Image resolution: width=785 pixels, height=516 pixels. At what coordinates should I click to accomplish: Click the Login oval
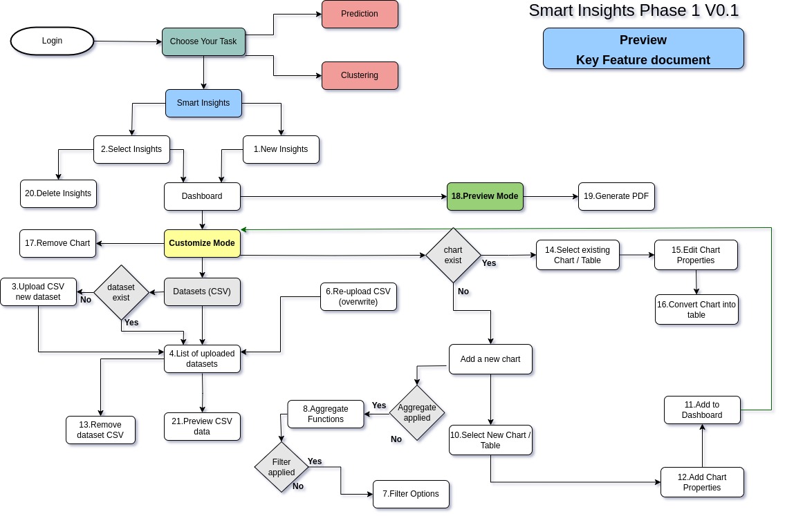pyautogui.click(x=52, y=41)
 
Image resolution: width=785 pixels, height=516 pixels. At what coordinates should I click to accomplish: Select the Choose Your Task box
pyautogui.click(x=203, y=41)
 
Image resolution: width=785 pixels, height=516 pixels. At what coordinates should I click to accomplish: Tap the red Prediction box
pyautogui.click(x=360, y=14)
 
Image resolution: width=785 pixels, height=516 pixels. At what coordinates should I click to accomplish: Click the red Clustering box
pyautogui.click(x=360, y=75)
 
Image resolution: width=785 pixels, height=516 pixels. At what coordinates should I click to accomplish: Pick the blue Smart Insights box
pyautogui.click(x=203, y=103)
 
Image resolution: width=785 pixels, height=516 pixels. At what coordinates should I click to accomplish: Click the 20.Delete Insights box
pyautogui.click(x=58, y=193)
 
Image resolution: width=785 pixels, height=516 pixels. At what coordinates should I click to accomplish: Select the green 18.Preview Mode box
pyautogui.click(x=485, y=196)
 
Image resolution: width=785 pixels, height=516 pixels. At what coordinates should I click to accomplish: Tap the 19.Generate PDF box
pyautogui.click(x=616, y=196)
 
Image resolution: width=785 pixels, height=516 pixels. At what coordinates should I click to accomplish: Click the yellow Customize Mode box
pyautogui.click(x=202, y=243)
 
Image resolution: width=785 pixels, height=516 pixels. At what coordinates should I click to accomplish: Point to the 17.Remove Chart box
pyautogui.click(x=58, y=243)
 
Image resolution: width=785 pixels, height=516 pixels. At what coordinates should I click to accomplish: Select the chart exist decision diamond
pyautogui.click(x=453, y=255)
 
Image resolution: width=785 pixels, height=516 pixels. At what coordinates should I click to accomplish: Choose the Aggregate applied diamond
pyautogui.click(x=417, y=412)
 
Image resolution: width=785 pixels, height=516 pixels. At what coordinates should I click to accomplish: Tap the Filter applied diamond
pyautogui.click(x=281, y=467)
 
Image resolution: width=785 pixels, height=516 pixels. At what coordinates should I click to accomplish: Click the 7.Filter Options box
pyautogui.click(x=411, y=494)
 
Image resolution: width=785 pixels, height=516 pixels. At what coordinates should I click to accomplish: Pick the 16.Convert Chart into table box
pyautogui.click(x=696, y=309)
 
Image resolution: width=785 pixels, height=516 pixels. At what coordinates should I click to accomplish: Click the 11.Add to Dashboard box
pyautogui.click(x=702, y=410)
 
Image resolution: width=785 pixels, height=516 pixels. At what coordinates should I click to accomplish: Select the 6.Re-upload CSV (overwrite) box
pyautogui.click(x=358, y=296)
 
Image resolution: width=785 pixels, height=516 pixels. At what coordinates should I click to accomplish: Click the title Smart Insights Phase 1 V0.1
pyautogui.click(x=634, y=10)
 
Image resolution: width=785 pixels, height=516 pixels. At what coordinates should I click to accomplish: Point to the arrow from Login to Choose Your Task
pyautogui.click(x=128, y=41)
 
